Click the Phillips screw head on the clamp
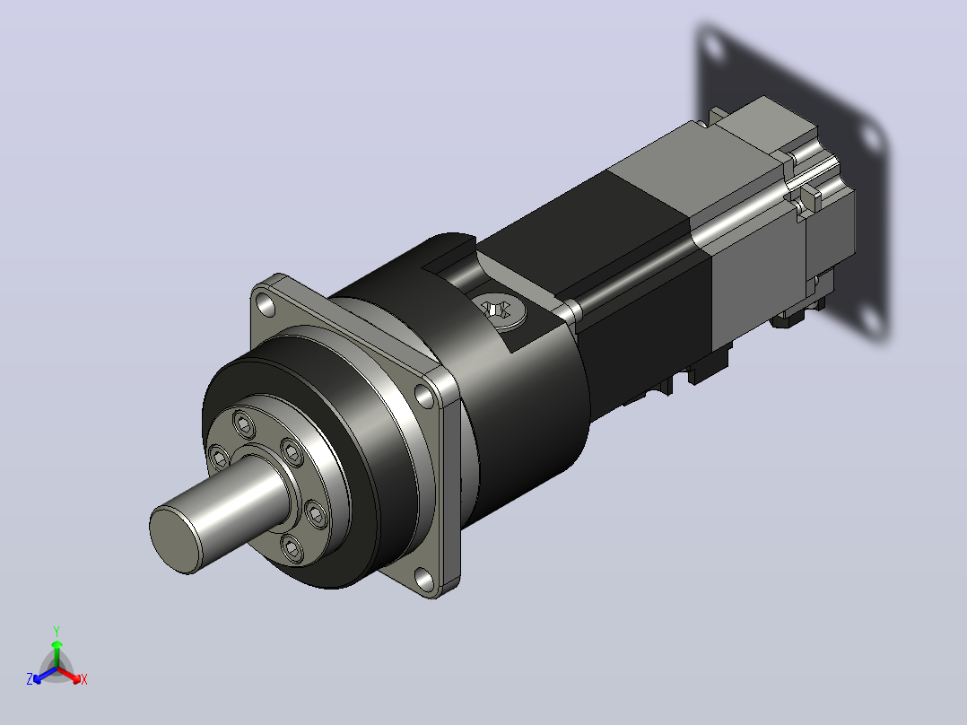click(499, 310)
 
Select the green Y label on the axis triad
click(57, 631)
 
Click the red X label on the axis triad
click(84, 679)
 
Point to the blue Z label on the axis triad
click(29, 678)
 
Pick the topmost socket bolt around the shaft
click(244, 424)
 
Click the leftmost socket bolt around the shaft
click(220, 458)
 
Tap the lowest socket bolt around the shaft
click(292, 548)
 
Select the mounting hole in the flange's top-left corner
click(266, 305)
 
